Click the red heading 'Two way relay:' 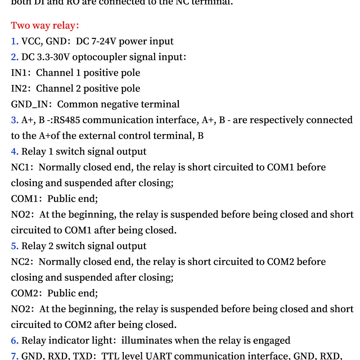pos(45,26)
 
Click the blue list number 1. pos(14,41)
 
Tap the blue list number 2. pos(14,57)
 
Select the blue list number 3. pos(14,120)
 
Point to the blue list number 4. pos(14,152)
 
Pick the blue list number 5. pos(14,246)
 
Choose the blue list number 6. pos(14,341)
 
